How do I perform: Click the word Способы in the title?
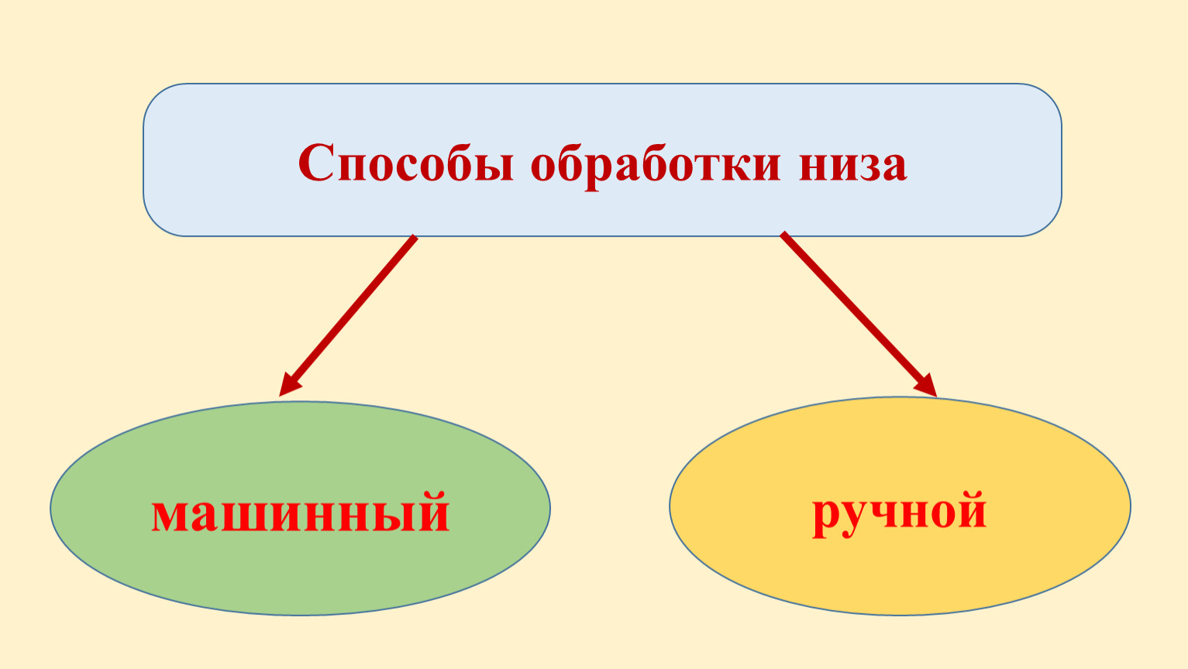click(406, 163)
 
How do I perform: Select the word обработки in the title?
click(656, 163)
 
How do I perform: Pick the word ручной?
click(900, 513)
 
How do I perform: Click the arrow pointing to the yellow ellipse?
click(858, 314)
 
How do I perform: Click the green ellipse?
click(300, 508)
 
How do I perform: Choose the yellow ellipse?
click(900, 506)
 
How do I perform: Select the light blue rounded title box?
click(602, 160)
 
